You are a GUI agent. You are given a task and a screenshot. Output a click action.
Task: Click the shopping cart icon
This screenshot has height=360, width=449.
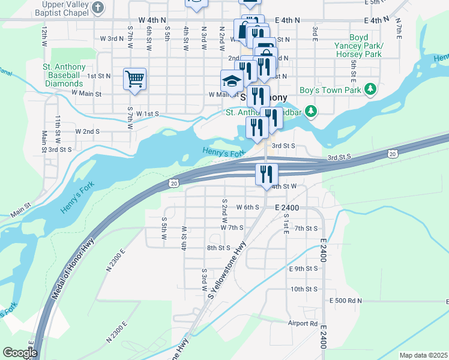point(134,79)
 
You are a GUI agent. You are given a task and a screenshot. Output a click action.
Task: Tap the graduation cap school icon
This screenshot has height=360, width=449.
point(232,80)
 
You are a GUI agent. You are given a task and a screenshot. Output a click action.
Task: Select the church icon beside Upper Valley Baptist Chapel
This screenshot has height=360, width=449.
point(99,7)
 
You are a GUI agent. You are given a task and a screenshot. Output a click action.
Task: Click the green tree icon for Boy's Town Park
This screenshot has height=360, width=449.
point(370,90)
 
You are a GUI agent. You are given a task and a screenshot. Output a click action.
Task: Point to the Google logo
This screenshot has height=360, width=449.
point(19,353)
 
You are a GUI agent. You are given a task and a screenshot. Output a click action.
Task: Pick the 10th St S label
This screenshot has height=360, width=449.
point(303,289)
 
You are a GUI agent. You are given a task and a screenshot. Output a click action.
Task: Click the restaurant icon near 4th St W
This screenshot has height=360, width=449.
point(266,174)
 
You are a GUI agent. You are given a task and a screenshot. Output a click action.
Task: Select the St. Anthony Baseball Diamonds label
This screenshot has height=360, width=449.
point(62,75)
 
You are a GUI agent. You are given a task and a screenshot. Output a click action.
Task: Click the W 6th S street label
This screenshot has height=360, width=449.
point(247,207)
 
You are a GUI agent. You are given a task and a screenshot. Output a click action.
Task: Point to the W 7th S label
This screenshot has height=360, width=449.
point(232,228)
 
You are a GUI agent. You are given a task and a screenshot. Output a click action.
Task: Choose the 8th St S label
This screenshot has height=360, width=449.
point(218,247)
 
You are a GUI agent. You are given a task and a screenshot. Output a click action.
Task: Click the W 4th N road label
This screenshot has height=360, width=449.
point(152,20)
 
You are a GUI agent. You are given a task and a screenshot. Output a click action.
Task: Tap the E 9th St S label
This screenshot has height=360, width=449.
point(303,268)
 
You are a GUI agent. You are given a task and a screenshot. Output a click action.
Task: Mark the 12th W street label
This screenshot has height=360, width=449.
point(44,36)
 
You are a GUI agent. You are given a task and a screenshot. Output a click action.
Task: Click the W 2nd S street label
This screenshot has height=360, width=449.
point(87,131)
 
